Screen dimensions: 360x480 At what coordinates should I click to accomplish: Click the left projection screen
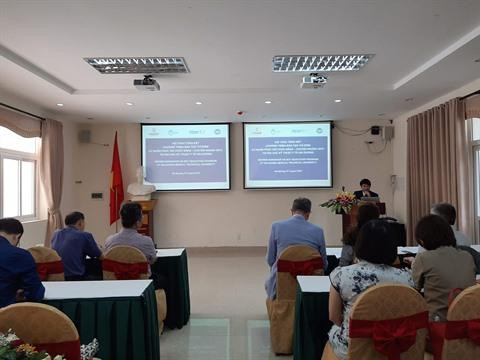click(185, 156)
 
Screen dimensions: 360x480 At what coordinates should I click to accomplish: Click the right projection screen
click(288, 154)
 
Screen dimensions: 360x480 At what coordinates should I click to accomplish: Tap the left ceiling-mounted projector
click(147, 84)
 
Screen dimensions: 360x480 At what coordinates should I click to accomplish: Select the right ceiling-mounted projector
click(313, 81)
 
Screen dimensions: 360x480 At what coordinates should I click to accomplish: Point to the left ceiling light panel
click(137, 65)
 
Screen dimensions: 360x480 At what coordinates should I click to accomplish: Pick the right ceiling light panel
click(322, 62)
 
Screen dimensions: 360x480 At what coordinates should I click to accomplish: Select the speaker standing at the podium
click(366, 189)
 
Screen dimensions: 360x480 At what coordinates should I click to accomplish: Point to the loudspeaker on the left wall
click(84, 136)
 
